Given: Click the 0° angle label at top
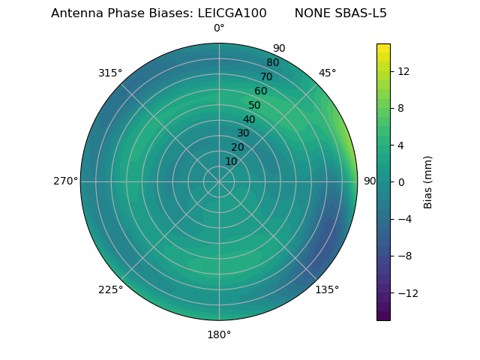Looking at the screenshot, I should click(219, 28).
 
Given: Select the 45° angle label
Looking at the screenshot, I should click(328, 73).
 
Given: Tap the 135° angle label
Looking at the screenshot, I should click(327, 289).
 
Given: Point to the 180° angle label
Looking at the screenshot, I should click(219, 334).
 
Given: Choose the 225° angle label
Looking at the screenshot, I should click(110, 289).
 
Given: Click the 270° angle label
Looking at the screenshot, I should click(65, 181).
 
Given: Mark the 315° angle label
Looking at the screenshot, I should click(110, 73).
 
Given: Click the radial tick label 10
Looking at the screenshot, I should click(231, 161).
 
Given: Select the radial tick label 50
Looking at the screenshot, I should click(255, 105).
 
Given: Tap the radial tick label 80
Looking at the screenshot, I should click(273, 63).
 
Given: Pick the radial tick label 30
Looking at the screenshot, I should click(243, 133).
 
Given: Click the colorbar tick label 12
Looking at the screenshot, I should click(403, 71).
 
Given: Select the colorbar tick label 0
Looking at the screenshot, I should click(400, 182).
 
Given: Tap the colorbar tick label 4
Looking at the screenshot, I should click(400, 145).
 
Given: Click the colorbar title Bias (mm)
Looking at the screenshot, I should click(428, 182).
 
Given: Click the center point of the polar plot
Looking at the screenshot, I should click(219, 181).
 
